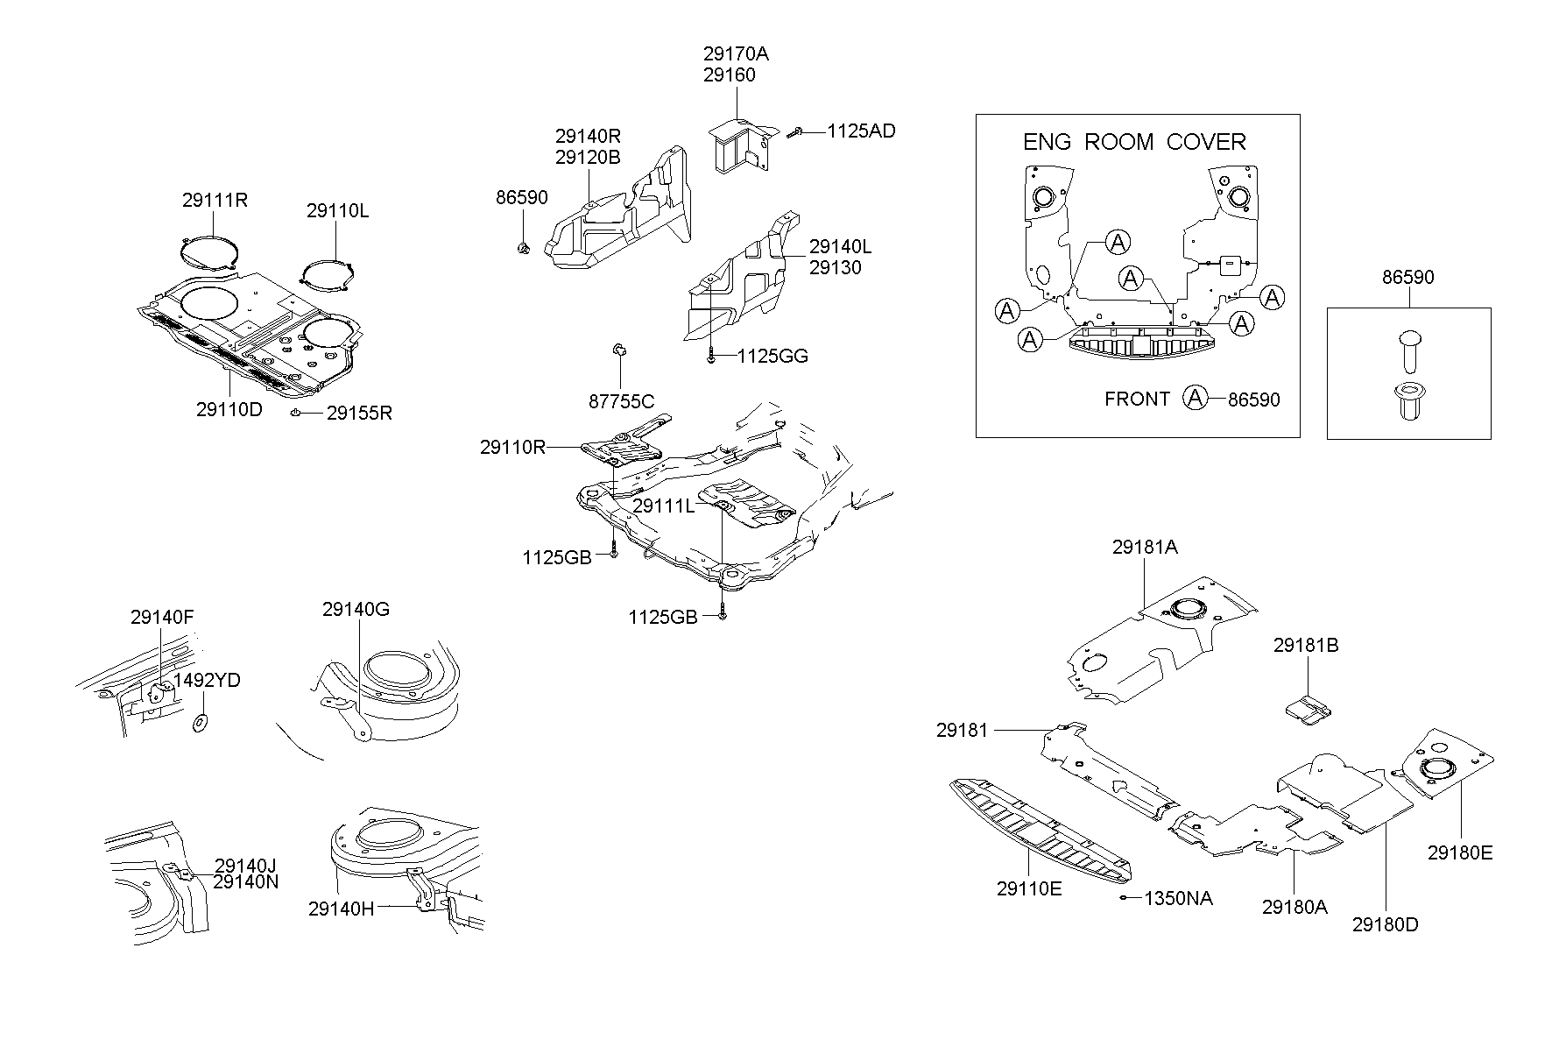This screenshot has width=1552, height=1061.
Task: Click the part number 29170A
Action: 735,53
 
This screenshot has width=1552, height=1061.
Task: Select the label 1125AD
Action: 861,131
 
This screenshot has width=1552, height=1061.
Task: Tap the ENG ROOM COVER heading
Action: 1134,142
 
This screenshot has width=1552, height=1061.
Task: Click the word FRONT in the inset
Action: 1137,400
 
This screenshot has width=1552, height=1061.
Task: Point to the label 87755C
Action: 621,402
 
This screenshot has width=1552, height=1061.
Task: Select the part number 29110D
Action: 229,410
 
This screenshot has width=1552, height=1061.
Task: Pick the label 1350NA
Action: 1178,899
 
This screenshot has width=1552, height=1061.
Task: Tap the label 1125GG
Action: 772,357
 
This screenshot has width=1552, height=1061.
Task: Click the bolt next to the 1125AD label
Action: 796,132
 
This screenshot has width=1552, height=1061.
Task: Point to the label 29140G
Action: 356,610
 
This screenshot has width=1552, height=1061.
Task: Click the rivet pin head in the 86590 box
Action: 1409,339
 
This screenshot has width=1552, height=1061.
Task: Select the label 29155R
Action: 359,414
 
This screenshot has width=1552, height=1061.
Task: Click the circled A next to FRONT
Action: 1195,399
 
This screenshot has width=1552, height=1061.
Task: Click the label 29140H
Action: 341,909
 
